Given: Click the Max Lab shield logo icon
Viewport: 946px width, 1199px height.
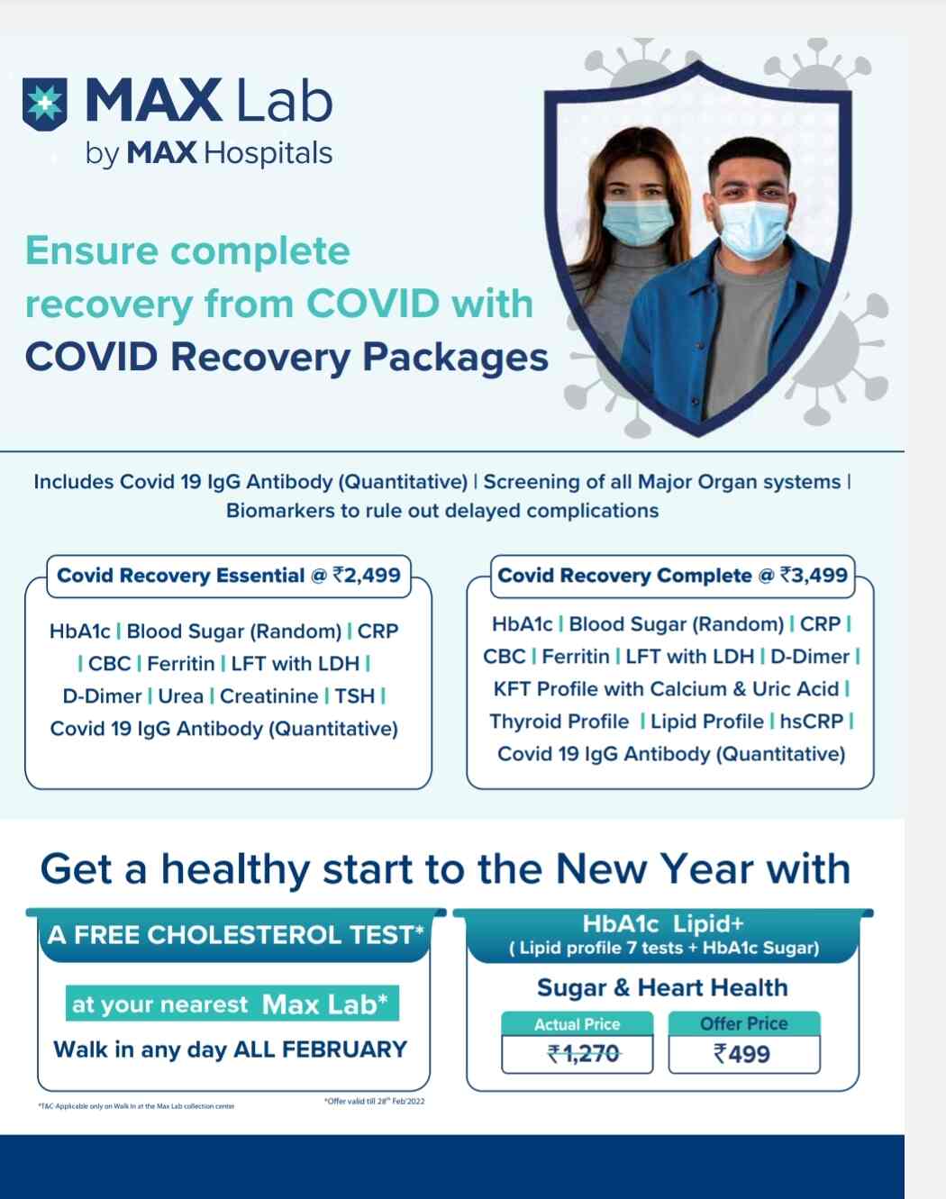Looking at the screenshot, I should tap(44, 104).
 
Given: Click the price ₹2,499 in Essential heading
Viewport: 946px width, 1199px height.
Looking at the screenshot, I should tap(367, 576).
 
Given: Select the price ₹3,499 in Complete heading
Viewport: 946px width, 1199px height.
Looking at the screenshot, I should tap(814, 576).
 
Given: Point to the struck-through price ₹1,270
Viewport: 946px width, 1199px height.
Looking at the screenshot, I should tap(583, 1054).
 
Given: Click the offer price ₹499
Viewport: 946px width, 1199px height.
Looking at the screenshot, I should tap(742, 1054).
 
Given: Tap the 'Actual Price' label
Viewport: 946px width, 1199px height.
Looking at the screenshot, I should tap(577, 1024).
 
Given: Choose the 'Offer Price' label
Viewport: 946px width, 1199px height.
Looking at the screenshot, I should tap(743, 1024).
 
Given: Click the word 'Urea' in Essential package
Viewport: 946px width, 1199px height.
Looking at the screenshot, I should tap(180, 696).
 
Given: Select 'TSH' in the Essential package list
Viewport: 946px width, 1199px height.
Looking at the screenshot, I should tap(354, 696).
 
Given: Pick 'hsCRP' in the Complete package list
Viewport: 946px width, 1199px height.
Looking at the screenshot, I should tap(811, 722).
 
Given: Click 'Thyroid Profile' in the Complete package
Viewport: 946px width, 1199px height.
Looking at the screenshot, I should tap(559, 722).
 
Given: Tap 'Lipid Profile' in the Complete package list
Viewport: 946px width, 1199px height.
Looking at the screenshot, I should tap(706, 722).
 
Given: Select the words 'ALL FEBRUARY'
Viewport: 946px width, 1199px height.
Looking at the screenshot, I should tap(320, 1049).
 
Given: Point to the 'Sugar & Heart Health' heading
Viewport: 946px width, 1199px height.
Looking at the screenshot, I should tap(662, 988).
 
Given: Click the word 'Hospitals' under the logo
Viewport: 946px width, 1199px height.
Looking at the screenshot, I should tap(268, 153).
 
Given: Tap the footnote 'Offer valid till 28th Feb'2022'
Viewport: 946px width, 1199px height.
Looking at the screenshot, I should tap(374, 1101).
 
